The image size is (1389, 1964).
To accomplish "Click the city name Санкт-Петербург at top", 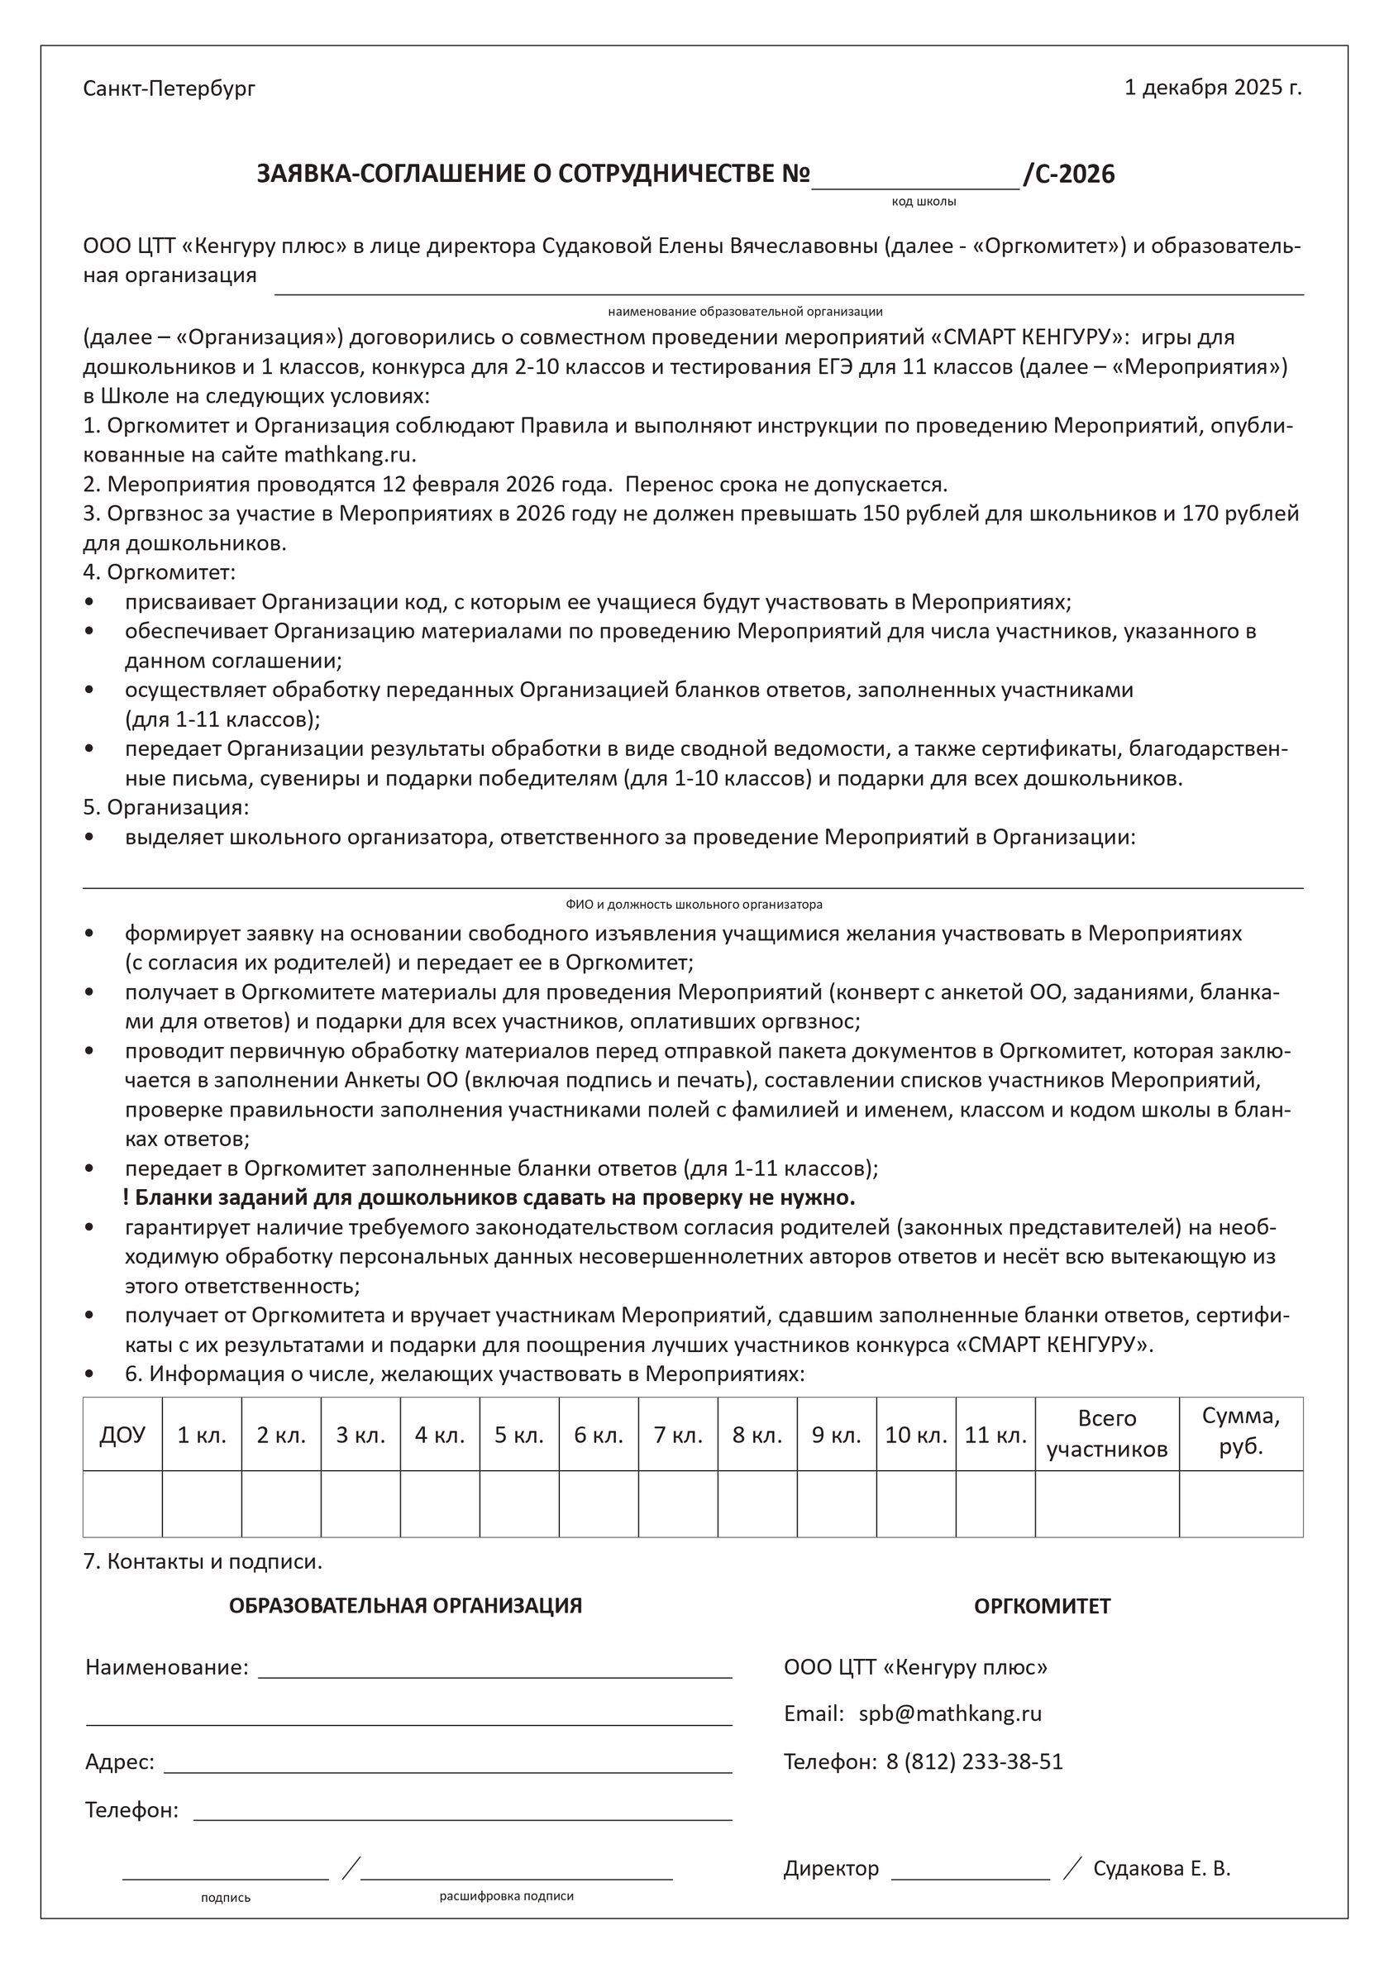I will pyautogui.click(x=169, y=88).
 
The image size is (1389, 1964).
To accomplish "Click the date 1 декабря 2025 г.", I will pyautogui.click(x=1212, y=88).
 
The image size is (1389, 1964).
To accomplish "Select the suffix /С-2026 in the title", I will pyautogui.click(x=1069, y=174).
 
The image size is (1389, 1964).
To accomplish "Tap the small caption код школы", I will pyautogui.click(x=924, y=202).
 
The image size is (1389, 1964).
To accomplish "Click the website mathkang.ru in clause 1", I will pyautogui.click(x=349, y=454).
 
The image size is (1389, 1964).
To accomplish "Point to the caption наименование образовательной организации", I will pyautogui.click(x=745, y=312).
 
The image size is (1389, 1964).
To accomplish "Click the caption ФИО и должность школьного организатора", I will pyautogui.click(x=694, y=904).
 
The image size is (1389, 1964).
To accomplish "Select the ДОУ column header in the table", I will pyautogui.click(x=122, y=1435).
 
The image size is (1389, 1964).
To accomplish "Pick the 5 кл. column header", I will pyautogui.click(x=519, y=1435).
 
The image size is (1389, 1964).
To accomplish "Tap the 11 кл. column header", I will pyautogui.click(x=995, y=1435).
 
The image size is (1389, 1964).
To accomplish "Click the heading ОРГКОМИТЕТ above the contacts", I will pyautogui.click(x=1042, y=1607).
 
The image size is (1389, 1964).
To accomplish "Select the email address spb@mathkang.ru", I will pyautogui.click(x=950, y=1713).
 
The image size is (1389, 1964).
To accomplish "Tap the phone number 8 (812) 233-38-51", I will pyautogui.click(x=974, y=1761).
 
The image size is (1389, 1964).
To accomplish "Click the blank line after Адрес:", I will pyautogui.click(x=447, y=1768).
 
